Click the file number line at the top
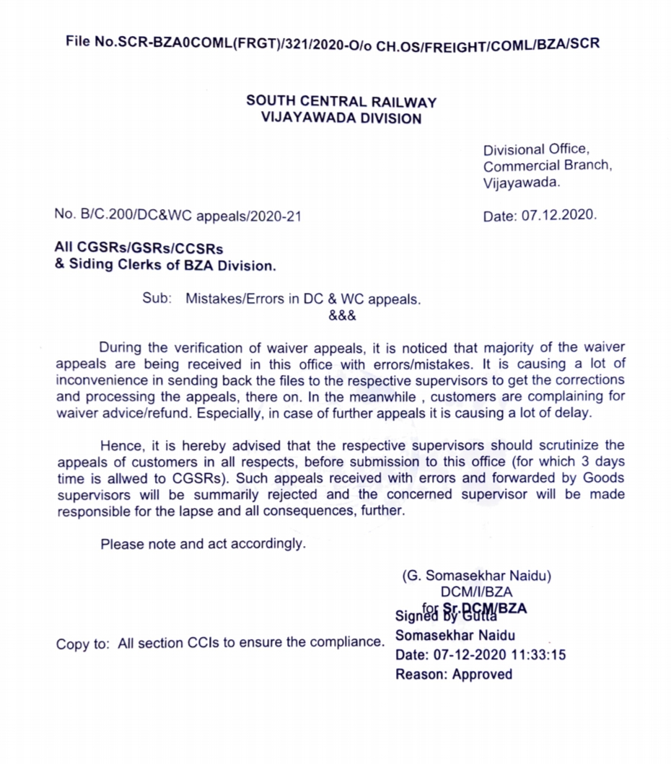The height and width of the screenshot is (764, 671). pos(333,43)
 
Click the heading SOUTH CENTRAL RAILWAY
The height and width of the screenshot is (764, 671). pos(341,102)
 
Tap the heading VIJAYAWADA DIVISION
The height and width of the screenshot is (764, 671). pos(341,118)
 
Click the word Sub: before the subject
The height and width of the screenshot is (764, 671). pos(157,298)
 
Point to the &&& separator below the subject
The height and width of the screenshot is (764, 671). pos(342,315)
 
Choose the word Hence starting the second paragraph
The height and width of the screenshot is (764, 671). pos(123,446)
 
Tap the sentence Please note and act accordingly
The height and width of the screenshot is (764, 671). pos(203,544)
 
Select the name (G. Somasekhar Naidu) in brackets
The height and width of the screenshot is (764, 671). pos(476,576)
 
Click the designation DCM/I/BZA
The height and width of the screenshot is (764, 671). pos(472,592)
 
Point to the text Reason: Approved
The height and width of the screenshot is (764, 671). pos(454,675)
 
